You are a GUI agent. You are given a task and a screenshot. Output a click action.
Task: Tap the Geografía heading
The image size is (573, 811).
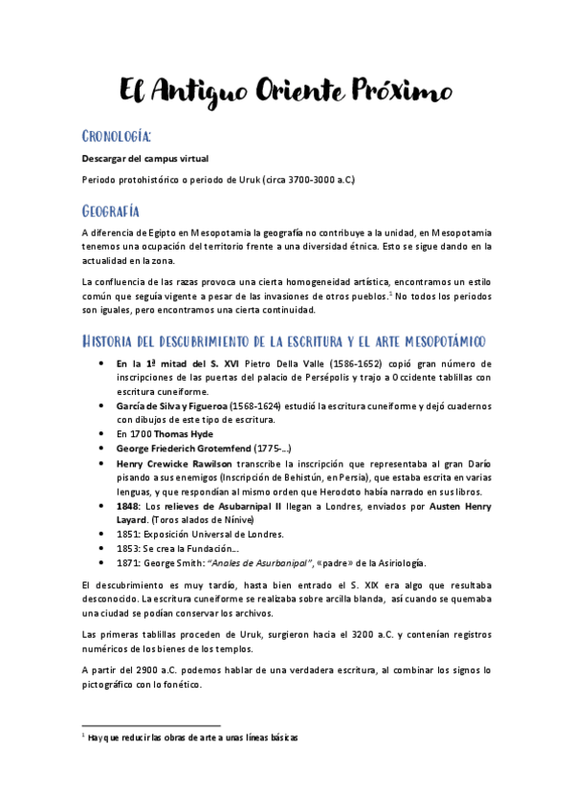pyautogui.click(x=111, y=210)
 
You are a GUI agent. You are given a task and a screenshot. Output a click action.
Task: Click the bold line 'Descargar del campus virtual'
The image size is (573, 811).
pyautogui.click(x=144, y=158)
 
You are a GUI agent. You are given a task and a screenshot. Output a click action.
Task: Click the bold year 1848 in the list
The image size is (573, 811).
pyautogui.click(x=127, y=505)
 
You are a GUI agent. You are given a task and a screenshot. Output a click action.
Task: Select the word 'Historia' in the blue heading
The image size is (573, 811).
pyautogui.click(x=117, y=342)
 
